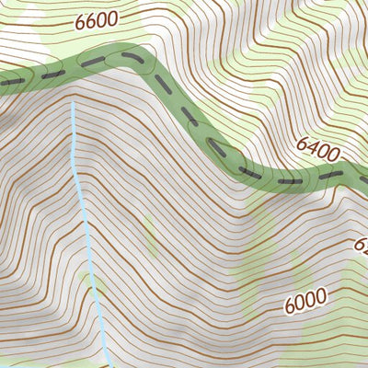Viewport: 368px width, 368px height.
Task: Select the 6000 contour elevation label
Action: click(x=306, y=301)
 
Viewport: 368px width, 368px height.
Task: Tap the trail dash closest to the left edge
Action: click(x=11, y=82)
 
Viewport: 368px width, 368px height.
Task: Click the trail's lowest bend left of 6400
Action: click(x=267, y=177)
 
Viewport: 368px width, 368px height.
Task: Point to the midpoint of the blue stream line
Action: click(x=88, y=235)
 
